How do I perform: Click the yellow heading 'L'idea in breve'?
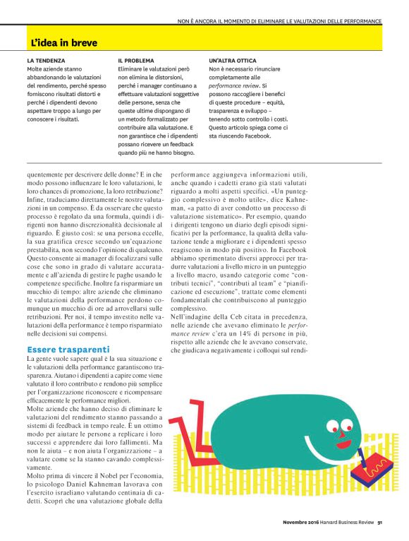(x=63, y=43)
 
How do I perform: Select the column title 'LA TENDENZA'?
(x=46, y=61)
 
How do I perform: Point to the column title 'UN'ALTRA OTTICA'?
(x=236, y=61)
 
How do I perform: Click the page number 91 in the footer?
(x=379, y=523)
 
